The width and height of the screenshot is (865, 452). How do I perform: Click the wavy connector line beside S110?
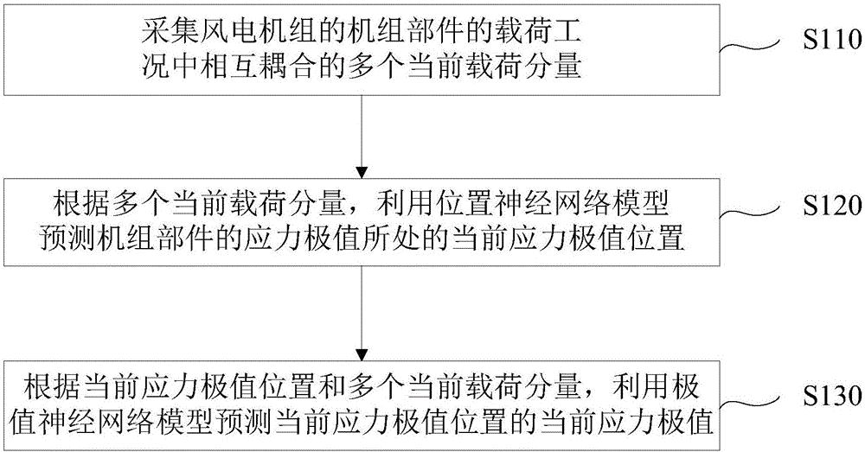763,48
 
